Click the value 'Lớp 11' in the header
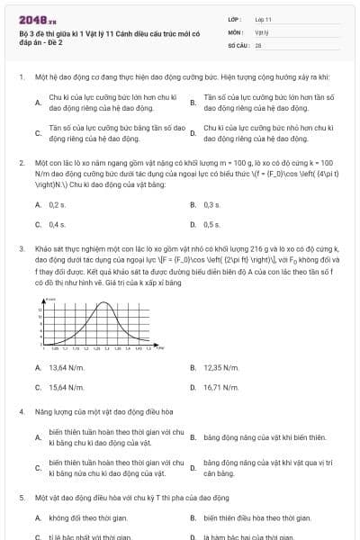pyautogui.click(x=265, y=18)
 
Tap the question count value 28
pyautogui.click(x=258, y=43)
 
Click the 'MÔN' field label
pyautogui.click(x=235, y=31)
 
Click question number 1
pyautogui.click(x=20, y=77)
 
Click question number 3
pyautogui.click(x=20, y=247)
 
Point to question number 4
pyautogui.click(x=20, y=411)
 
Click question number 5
pyautogui.click(x=20, y=497)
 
